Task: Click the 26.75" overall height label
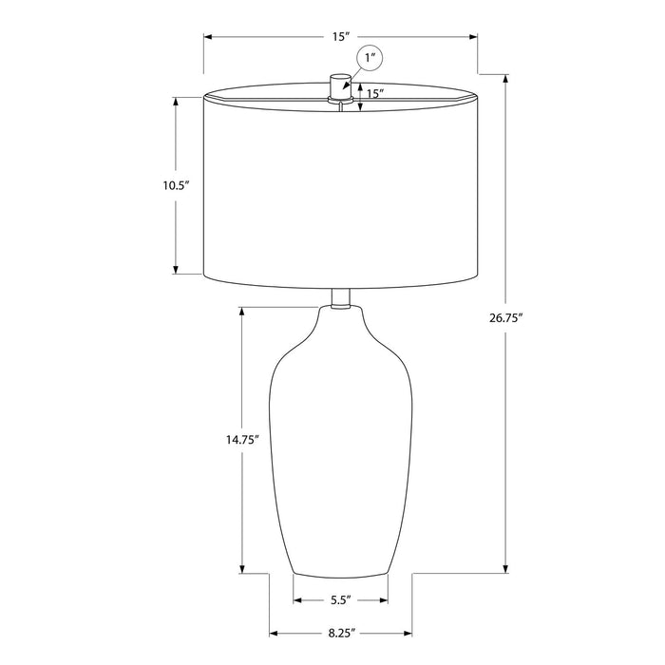505,317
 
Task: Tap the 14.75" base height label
242,440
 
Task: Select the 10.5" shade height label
176,186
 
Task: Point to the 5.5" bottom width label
341,600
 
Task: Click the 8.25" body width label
341,634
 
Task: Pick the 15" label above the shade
340,37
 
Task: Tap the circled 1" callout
370,58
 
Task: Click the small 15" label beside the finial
375,94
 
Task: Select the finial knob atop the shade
340,87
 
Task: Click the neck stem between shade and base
340,298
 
